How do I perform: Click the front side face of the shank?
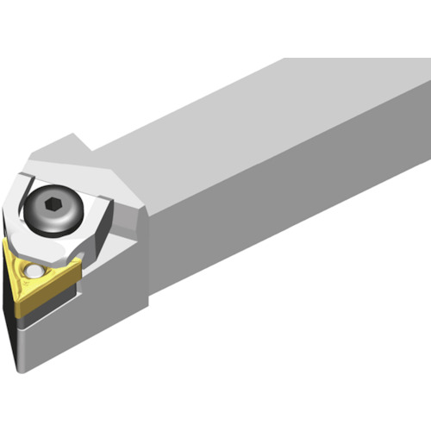click(284, 215)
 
